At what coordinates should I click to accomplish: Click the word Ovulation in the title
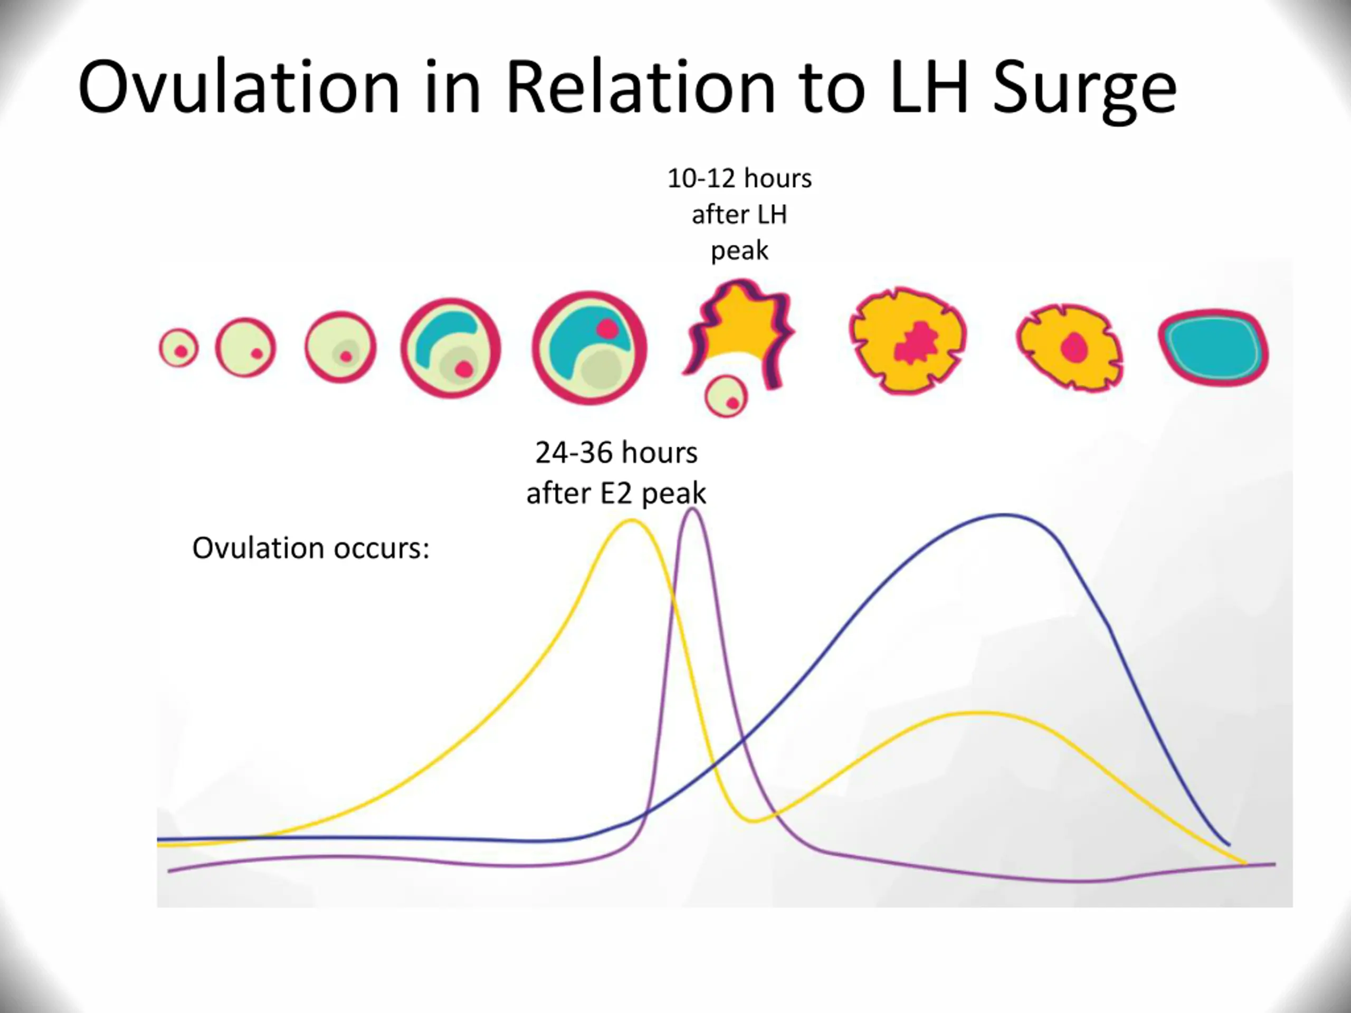click(x=238, y=87)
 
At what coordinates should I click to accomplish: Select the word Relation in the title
click(x=641, y=87)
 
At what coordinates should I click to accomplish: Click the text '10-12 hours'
click(x=739, y=179)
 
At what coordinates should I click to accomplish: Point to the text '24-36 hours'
click(x=616, y=453)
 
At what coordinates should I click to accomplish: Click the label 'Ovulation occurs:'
click(x=311, y=548)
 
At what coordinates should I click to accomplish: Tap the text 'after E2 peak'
click(x=616, y=493)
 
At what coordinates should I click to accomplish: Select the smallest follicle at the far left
click(x=178, y=348)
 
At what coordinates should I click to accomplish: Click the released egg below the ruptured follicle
click(x=726, y=396)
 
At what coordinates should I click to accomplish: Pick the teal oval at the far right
click(x=1214, y=348)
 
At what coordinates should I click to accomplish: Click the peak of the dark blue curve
click(x=1005, y=515)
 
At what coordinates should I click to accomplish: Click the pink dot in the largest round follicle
click(x=607, y=330)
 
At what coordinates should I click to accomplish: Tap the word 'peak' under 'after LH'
click(x=739, y=251)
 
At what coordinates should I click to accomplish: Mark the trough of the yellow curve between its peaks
click(x=754, y=820)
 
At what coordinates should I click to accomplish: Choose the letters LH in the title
click(x=929, y=87)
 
